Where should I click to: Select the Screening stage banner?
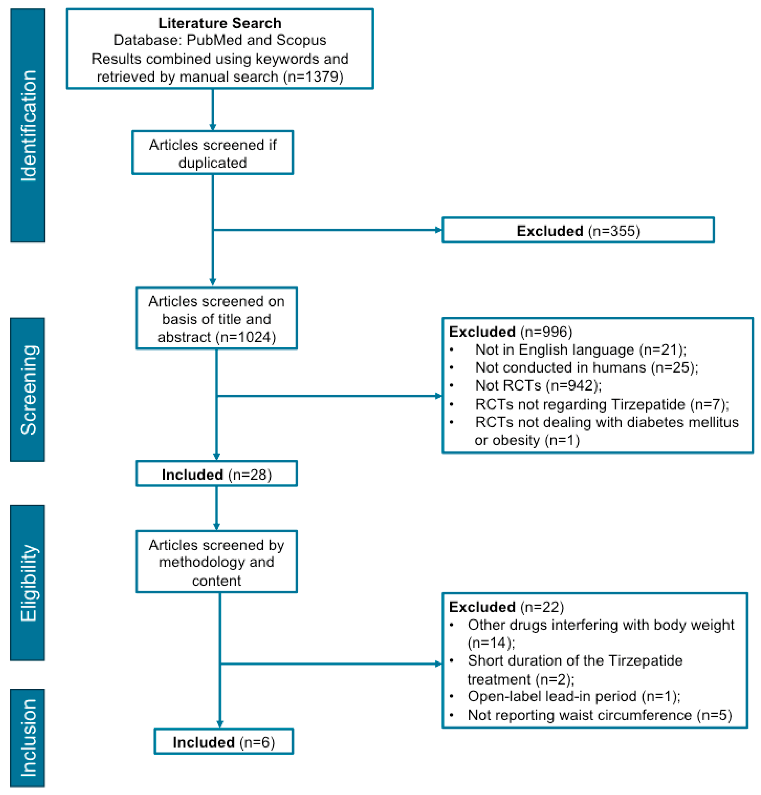28,389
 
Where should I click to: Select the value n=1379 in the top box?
313,77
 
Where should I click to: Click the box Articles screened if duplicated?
212,153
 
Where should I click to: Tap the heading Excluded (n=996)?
510,332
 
